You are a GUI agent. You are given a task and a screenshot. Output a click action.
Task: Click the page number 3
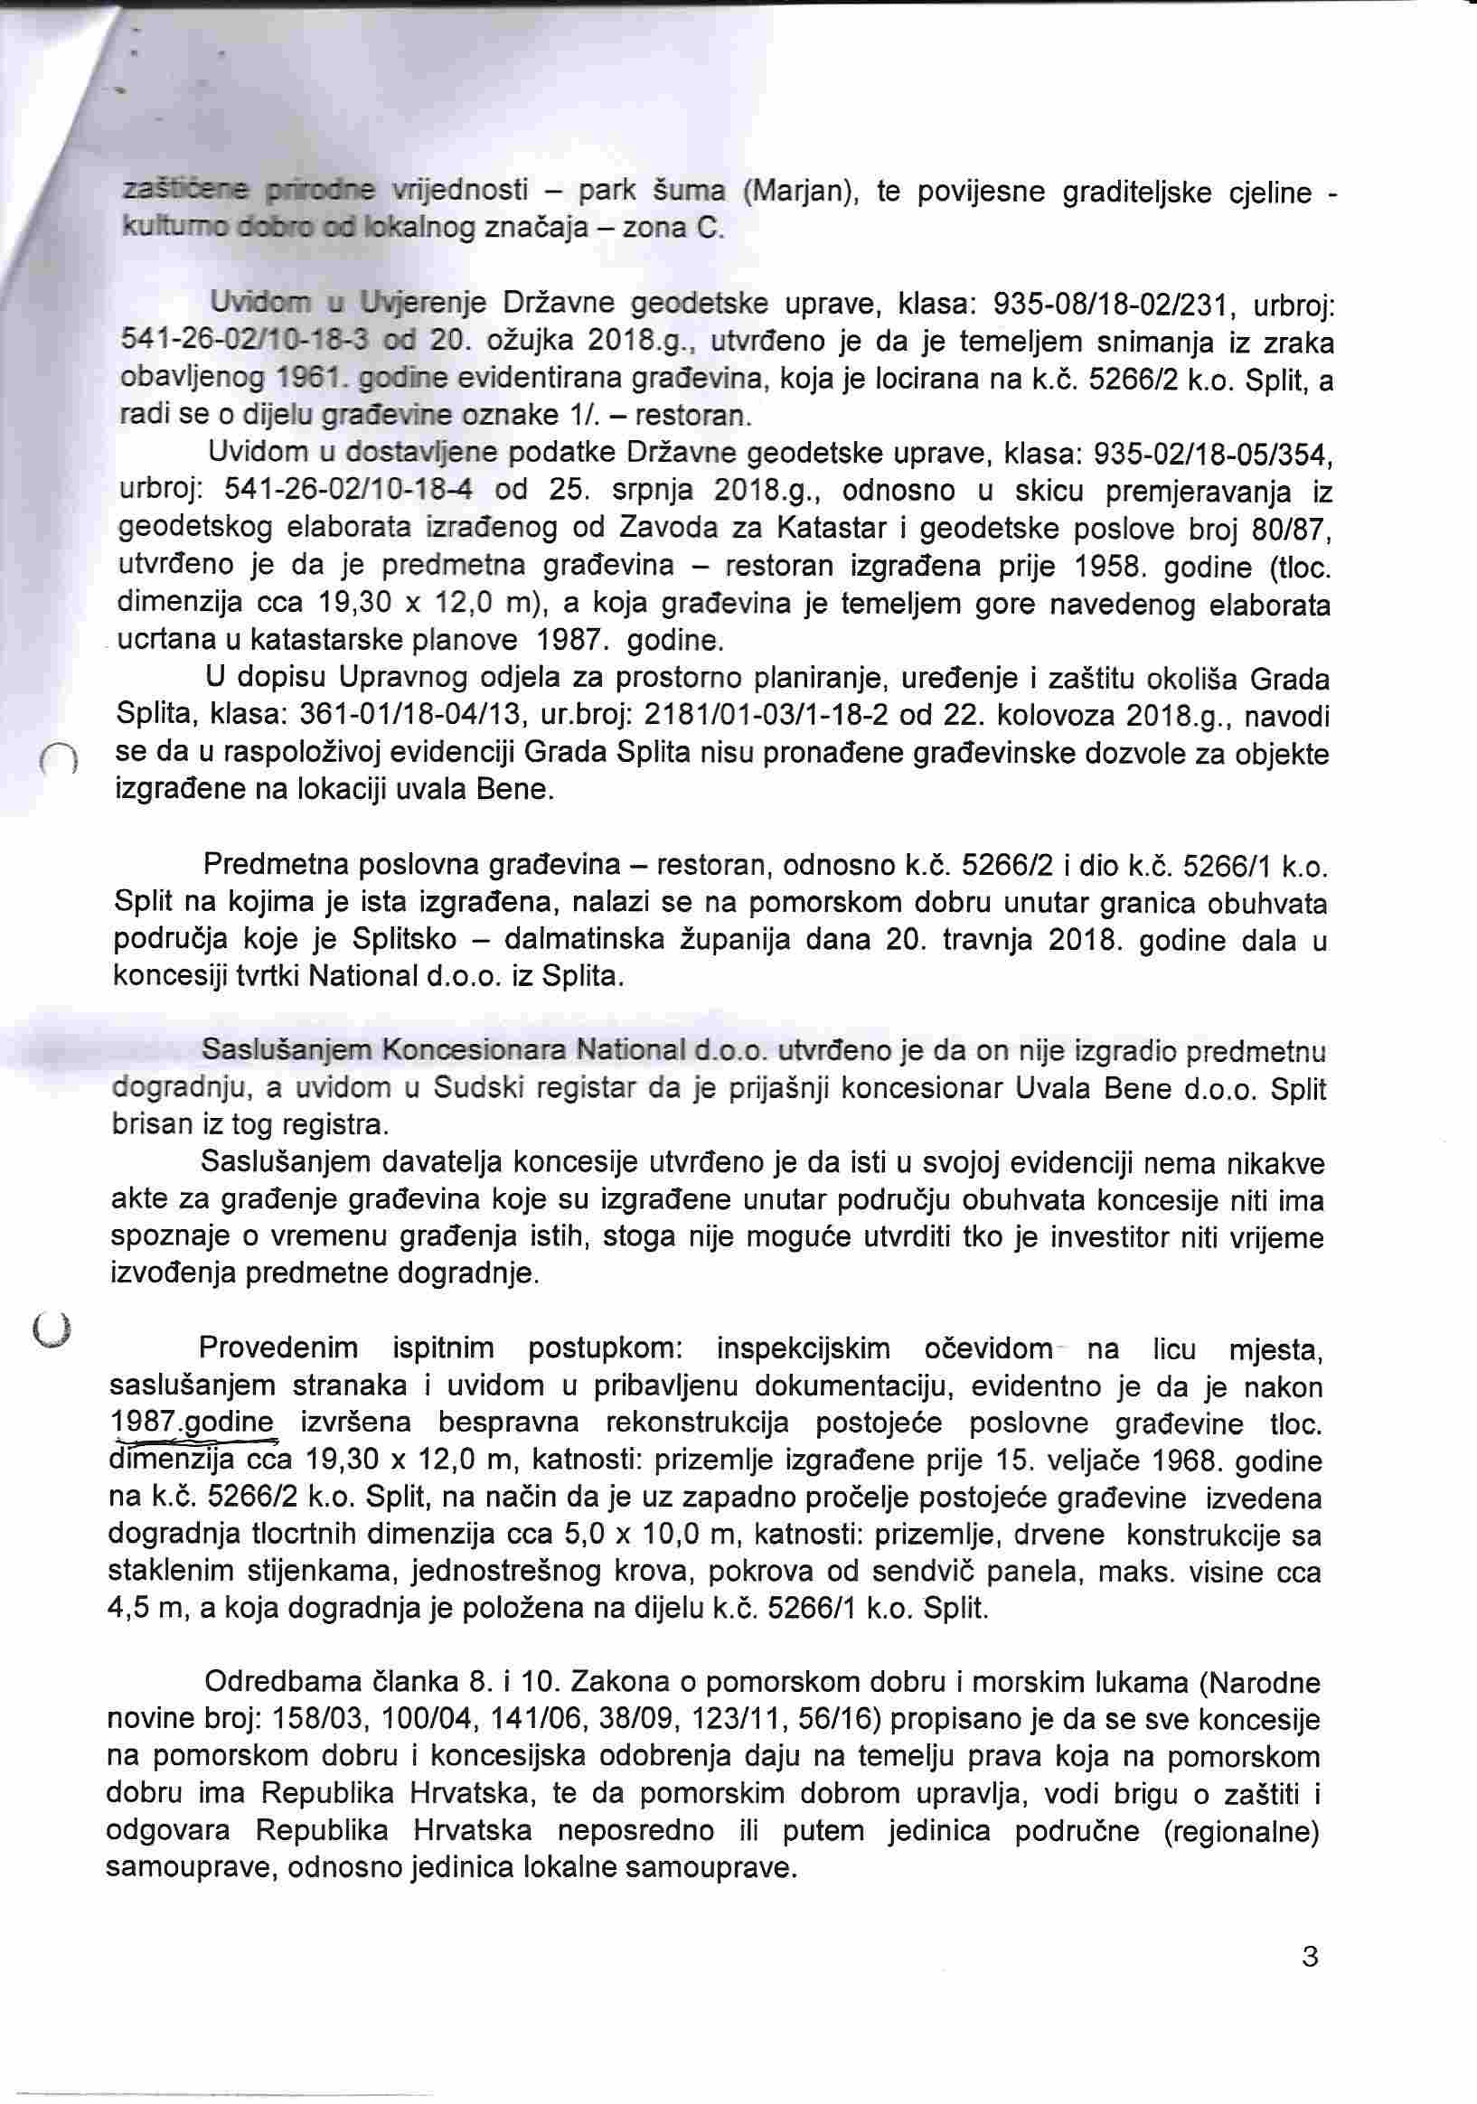click(1310, 1957)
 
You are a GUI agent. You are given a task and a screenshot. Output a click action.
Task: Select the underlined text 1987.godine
click(192, 1423)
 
